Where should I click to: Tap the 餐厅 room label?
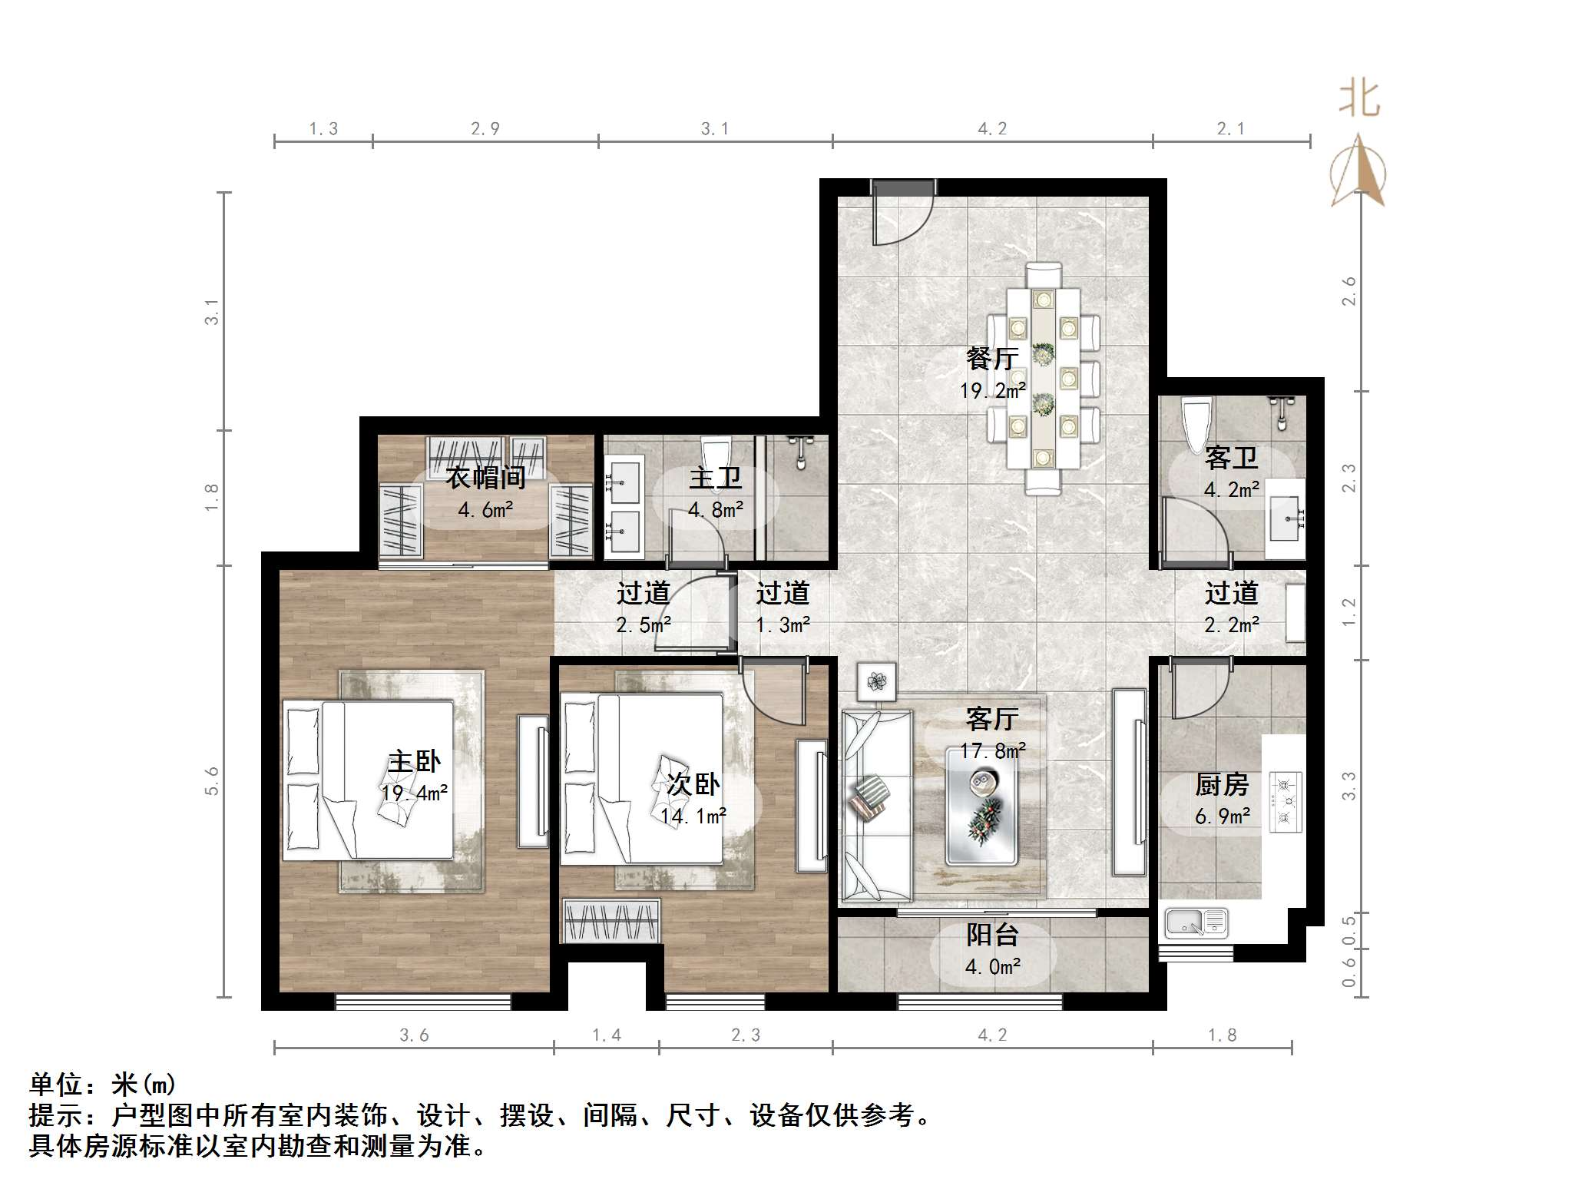(x=992, y=358)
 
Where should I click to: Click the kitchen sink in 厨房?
(x=1196, y=922)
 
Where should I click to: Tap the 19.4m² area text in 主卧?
(x=414, y=793)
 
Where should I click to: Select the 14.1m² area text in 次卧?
(x=693, y=816)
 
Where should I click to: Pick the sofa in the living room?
(x=875, y=805)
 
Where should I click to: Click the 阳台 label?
(x=992, y=935)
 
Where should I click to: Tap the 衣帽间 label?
(x=485, y=478)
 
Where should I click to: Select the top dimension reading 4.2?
(x=991, y=129)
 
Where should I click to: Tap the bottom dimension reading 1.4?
(x=606, y=1035)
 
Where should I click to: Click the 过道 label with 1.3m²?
(x=783, y=593)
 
